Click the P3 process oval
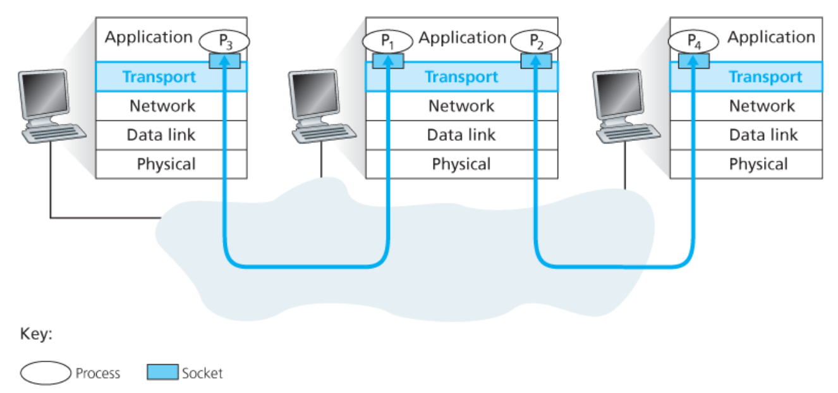click(x=224, y=42)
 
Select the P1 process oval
click(x=387, y=42)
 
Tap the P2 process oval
click(x=535, y=42)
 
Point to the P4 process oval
click(x=693, y=42)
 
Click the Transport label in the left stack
click(x=159, y=77)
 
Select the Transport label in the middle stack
click(x=461, y=77)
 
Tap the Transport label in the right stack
click(x=765, y=77)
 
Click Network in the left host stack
click(x=162, y=106)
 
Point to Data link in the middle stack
click(x=461, y=135)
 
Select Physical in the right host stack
click(x=758, y=164)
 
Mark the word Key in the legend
click(x=36, y=334)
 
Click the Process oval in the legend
click(x=45, y=373)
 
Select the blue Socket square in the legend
click(x=162, y=373)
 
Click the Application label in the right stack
click(x=771, y=37)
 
